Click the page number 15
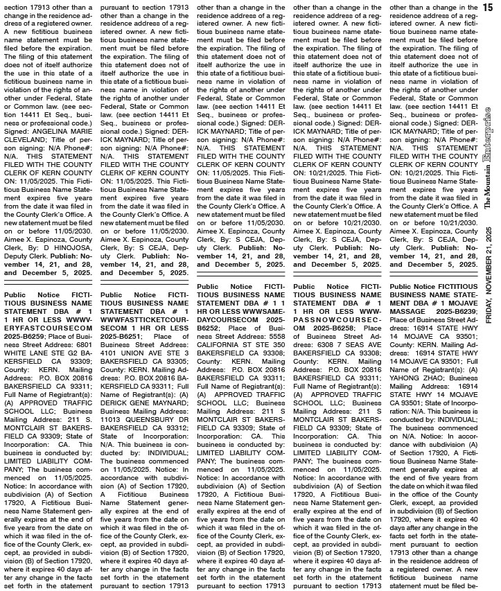pos(488,6)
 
